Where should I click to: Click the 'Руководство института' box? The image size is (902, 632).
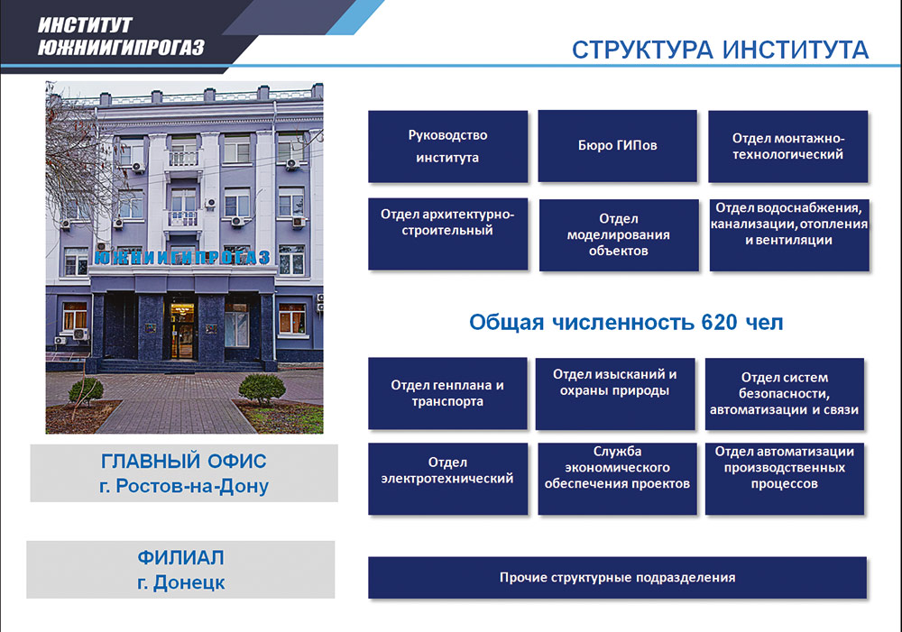[x=446, y=146]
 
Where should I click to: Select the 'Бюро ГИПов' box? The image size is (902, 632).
[x=617, y=145]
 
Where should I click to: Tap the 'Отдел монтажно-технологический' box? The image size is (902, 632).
[x=787, y=146]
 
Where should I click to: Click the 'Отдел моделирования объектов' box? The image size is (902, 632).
[x=618, y=234]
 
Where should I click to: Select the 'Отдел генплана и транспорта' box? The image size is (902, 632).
[x=446, y=393]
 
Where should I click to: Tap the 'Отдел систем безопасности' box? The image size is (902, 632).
[x=784, y=393]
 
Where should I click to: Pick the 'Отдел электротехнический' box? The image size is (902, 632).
[x=446, y=479]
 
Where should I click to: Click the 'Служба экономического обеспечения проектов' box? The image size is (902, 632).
[x=617, y=479]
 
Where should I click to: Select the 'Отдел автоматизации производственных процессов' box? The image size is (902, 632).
[x=784, y=479]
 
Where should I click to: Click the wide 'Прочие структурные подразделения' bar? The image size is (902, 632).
[x=617, y=578]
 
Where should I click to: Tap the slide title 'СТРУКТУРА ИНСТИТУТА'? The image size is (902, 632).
[x=720, y=50]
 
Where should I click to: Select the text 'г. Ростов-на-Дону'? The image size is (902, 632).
[x=184, y=487]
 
